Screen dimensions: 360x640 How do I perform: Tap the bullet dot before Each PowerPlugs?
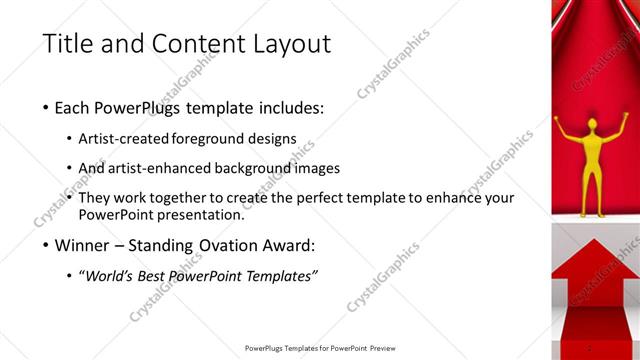coord(47,108)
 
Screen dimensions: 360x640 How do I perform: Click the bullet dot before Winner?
coord(47,245)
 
